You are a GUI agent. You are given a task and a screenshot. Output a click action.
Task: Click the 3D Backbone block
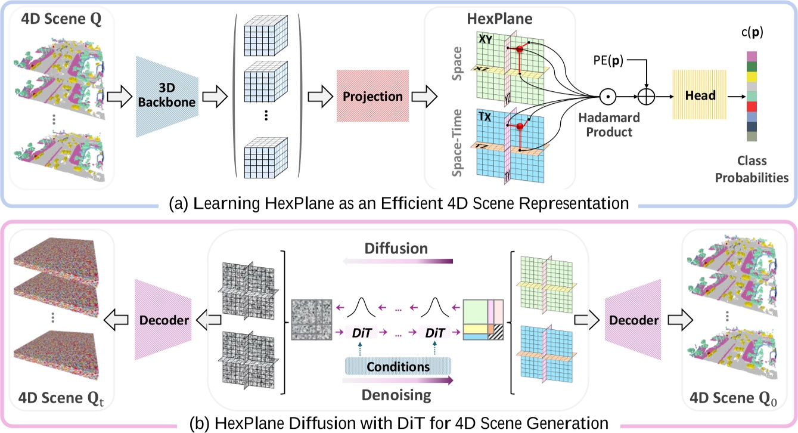[x=168, y=96]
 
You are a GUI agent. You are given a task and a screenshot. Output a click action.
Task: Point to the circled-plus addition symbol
[x=646, y=95]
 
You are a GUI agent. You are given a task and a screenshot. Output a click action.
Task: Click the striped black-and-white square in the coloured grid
[x=495, y=332]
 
